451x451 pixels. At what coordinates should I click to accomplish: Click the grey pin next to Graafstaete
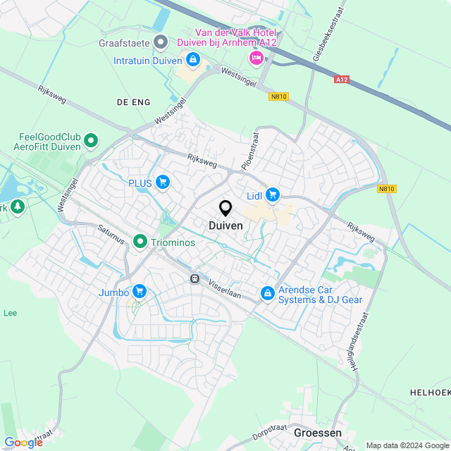click(161, 42)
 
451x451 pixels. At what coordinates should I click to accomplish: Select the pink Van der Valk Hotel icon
click(257, 58)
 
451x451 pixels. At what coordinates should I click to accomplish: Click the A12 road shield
click(342, 80)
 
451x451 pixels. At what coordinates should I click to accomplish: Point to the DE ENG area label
click(134, 102)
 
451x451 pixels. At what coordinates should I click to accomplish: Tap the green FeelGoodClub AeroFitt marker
click(90, 142)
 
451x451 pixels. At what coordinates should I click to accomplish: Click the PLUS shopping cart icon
click(163, 183)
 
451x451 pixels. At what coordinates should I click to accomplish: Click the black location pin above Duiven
click(225, 209)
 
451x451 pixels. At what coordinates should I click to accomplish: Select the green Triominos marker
click(140, 242)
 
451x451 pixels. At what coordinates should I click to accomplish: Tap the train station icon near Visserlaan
click(194, 278)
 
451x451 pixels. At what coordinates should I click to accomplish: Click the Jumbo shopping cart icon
click(139, 292)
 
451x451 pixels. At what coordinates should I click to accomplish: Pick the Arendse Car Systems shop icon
click(267, 293)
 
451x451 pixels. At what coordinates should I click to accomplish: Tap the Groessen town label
click(317, 433)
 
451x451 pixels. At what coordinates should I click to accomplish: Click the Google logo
click(23, 442)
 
